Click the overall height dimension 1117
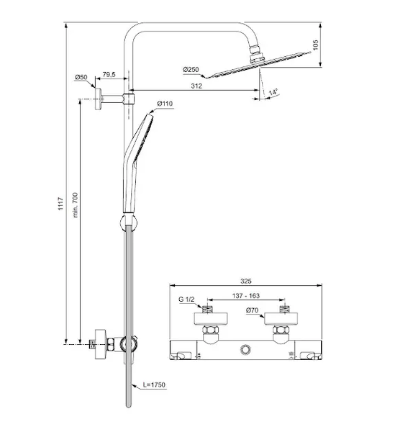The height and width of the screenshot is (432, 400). coord(61,204)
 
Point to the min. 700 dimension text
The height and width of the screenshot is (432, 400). coord(76,205)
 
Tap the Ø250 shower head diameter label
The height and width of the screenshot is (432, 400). coord(191,69)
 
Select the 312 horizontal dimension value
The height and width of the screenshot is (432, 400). coord(196,86)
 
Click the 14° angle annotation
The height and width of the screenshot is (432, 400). coord(273,92)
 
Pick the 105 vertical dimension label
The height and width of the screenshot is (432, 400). coord(316,45)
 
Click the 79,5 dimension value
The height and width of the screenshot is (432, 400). coord(109,74)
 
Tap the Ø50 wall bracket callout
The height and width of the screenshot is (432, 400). coord(81,77)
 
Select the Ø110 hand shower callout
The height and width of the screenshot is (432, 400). coord(165,104)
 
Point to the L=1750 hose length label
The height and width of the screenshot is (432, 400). coord(155,384)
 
